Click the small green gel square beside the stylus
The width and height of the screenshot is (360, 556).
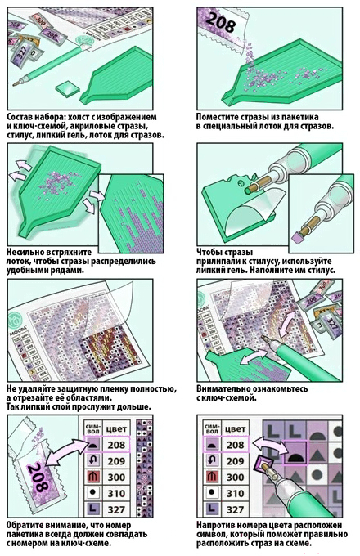pyautogui.click(x=67, y=87)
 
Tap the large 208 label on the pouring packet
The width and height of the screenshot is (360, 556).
pyautogui.click(x=221, y=21)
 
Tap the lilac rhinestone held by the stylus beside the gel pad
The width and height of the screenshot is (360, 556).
pyautogui.click(x=296, y=237)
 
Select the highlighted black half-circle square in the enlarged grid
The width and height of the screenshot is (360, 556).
pyautogui.click(x=295, y=452)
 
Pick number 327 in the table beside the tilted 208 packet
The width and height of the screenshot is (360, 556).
pyautogui.click(x=116, y=509)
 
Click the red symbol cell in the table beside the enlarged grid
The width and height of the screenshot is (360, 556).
pyautogui.click(x=212, y=476)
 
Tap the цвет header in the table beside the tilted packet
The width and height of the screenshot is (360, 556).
pyautogui.click(x=117, y=428)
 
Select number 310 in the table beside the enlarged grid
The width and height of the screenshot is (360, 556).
pyautogui.click(x=235, y=493)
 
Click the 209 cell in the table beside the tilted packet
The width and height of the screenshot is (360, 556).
pyautogui.click(x=116, y=460)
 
